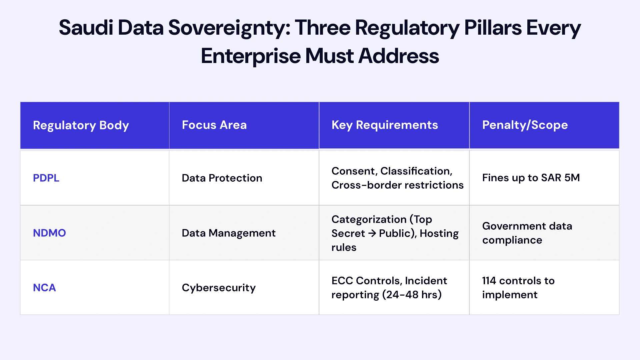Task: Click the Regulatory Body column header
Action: pyautogui.click(x=81, y=125)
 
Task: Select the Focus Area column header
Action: pyautogui.click(x=214, y=125)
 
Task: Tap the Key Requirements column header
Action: pyautogui.click(x=384, y=125)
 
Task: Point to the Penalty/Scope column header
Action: pyautogui.click(x=525, y=125)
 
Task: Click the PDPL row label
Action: pyautogui.click(x=46, y=178)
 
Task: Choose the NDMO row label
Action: pyautogui.click(x=49, y=233)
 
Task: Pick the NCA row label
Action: pyautogui.click(x=44, y=288)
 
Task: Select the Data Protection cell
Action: pyautogui.click(x=222, y=178)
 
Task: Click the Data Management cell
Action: pyautogui.click(x=228, y=233)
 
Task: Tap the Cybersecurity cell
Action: pyautogui.click(x=219, y=288)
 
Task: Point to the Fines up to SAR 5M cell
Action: pyautogui.click(x=531, y=178)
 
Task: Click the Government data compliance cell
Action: pyautogui.click(x=527, y=233)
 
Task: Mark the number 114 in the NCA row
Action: pyautogui.click(x=489, y=281)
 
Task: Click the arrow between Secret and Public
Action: pyautogui.click(x=372, y=233)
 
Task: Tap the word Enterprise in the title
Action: pyautogui.click(x=250, y=56)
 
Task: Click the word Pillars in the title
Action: pyautogui.click(x=493, y=28)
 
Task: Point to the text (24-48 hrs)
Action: pyautogui.click(x=412, y=295)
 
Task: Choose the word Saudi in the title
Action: pyautogui.click(x=86, y=28)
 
